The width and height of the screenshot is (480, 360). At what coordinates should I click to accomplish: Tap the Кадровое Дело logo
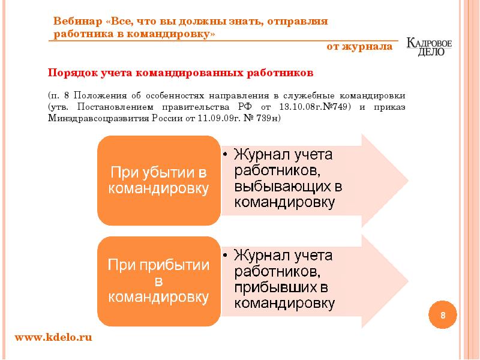pos(429,47)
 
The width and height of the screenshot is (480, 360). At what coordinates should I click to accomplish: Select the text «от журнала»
pos(359,47)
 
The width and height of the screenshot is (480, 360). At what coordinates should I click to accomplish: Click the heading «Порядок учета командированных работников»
pos(181,73)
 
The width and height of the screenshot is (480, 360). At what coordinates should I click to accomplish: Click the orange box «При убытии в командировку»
pos(158,180)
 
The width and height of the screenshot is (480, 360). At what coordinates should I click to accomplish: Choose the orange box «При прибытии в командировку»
pos(158,280)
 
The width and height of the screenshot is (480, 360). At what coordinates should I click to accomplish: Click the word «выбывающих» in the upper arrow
pos(289,185)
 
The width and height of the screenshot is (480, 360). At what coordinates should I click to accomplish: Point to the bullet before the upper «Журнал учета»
pos(224,154)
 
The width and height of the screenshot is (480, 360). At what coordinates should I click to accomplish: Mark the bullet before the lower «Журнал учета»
pos(224,255)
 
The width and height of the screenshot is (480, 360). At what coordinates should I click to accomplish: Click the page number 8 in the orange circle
pos(443,316)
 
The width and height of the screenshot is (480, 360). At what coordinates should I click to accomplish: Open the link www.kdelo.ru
pos(53,338)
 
